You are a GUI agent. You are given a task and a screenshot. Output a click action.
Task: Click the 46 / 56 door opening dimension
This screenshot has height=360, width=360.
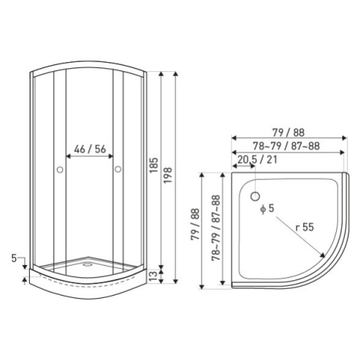(90, 149)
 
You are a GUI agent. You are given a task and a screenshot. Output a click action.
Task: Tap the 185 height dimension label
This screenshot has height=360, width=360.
(154, 165)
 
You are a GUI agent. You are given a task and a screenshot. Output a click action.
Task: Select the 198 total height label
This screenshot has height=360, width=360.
(168, 175)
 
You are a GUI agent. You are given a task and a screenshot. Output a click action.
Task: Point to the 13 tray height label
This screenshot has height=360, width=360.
(152, 277)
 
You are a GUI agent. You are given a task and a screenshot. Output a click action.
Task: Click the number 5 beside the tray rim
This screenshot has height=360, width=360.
(14, 258)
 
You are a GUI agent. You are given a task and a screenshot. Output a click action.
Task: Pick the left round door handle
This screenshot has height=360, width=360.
(60, 169)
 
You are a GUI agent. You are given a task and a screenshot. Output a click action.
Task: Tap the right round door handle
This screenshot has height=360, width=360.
(118, 169)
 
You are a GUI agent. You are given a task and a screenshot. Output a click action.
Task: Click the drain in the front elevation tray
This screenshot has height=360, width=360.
(87, 264)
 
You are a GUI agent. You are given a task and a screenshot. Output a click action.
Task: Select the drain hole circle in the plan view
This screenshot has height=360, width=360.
(255, 196)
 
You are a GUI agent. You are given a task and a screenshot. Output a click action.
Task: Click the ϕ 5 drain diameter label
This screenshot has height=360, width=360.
(267, 208)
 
